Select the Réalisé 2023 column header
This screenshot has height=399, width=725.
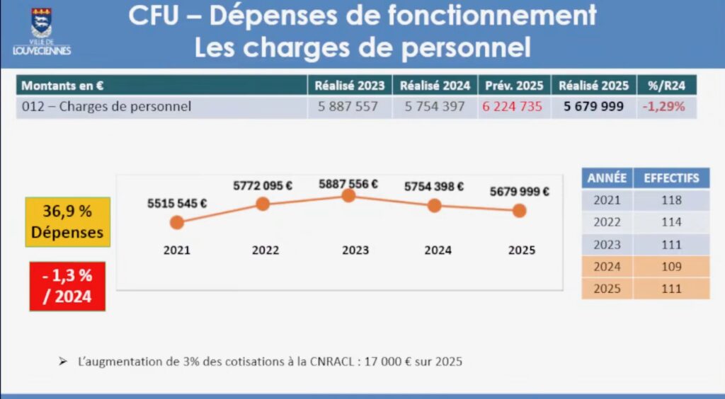coord(350,86)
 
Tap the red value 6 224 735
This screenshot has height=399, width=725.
coord(513,107)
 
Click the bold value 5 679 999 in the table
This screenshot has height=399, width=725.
coord(593,107)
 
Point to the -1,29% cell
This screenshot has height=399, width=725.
coord(664,107)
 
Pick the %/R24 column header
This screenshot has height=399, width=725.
coord(666,86)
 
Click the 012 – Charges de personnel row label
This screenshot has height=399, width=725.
coord(106,107)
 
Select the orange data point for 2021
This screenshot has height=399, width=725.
coord(177,222)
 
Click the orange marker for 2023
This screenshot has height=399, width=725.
coord(348,195)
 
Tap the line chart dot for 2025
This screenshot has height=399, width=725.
coord(519,210)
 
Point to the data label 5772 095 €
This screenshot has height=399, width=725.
coord(263,186)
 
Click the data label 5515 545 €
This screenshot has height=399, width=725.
coord(177,203)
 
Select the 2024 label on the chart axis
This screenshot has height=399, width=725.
coord(434,250)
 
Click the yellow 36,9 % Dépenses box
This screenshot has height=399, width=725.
coord(67,222)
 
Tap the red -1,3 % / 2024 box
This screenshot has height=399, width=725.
coord(67,287)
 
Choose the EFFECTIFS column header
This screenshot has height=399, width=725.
coord(671,178)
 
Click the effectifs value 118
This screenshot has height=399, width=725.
coord(671,200)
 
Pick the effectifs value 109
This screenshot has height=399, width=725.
coord(671,267)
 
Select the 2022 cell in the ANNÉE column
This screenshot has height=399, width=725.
coord(607,222)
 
